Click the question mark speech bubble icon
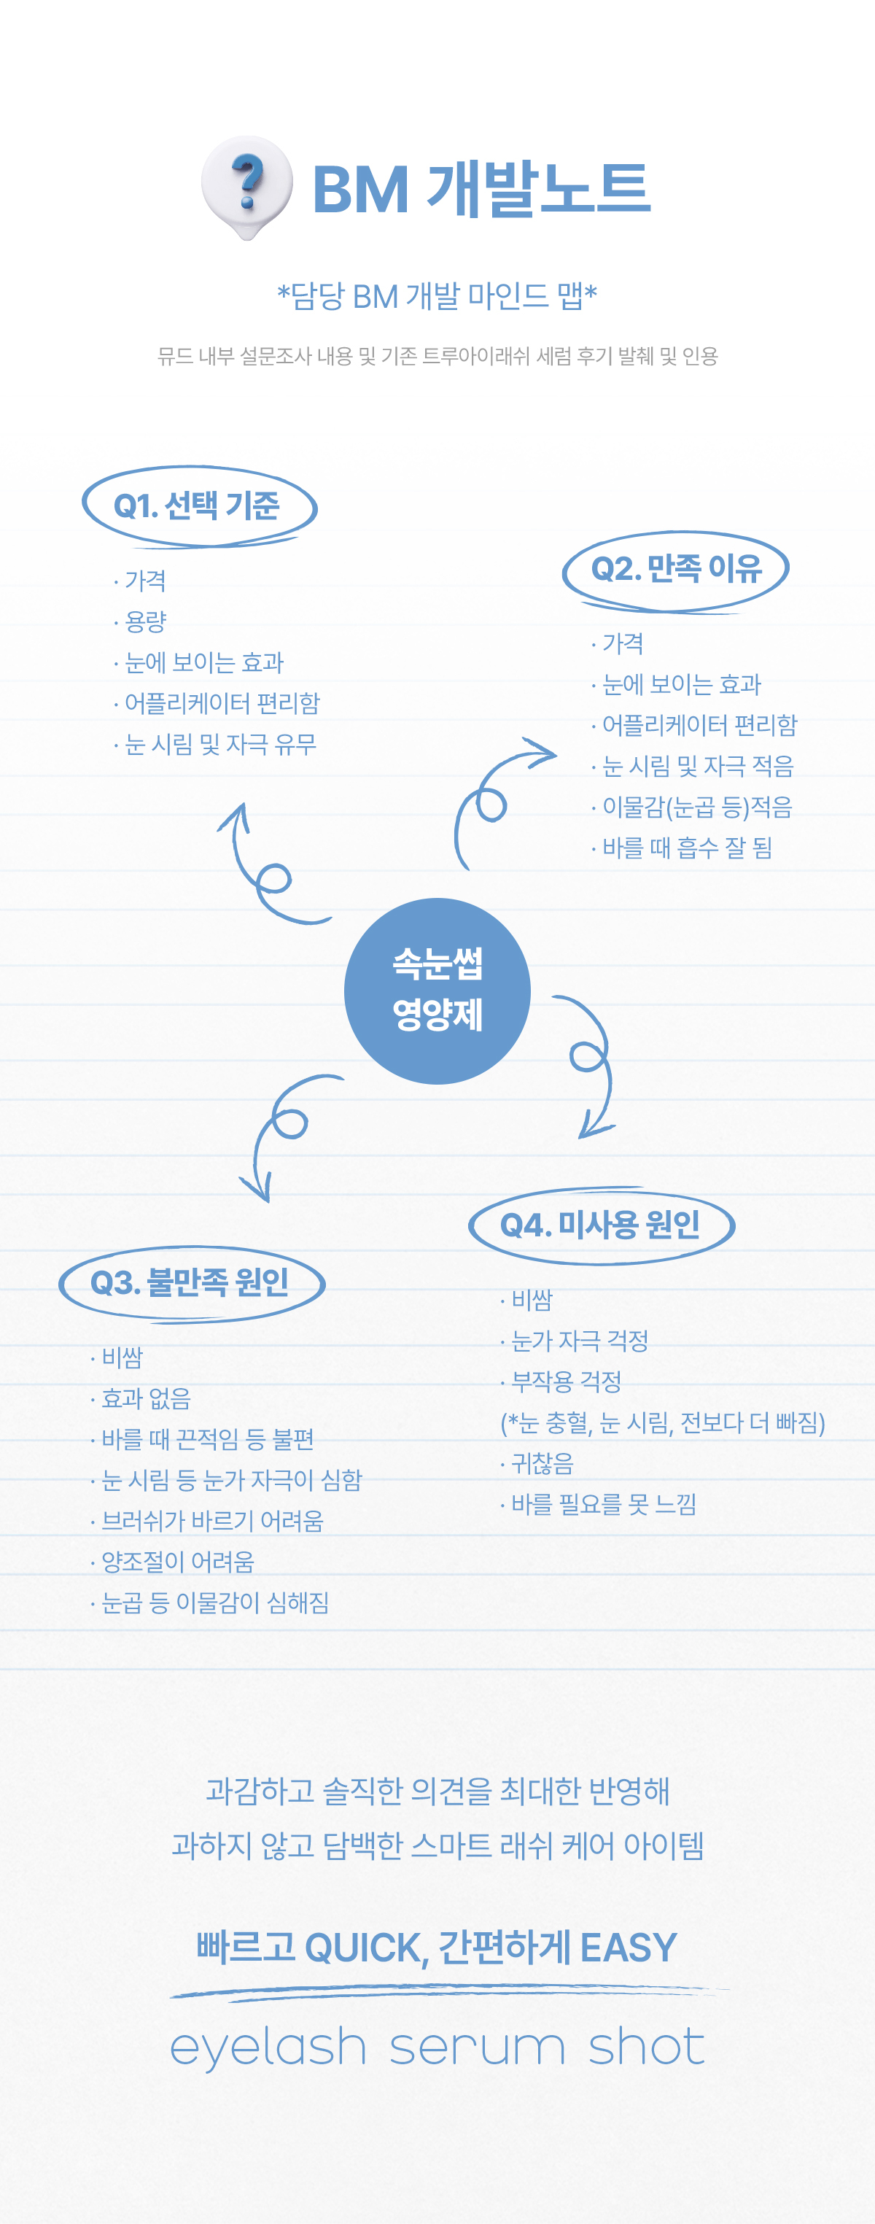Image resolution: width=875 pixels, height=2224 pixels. (246, 185)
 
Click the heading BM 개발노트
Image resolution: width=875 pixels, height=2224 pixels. (481, 189)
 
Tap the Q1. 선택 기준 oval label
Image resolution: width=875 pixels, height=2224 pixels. (198, 506)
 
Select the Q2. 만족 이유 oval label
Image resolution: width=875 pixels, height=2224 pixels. (676, 570)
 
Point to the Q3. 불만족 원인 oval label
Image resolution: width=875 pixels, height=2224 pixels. (191, 1283)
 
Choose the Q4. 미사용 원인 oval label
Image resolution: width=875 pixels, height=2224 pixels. (601, 1225)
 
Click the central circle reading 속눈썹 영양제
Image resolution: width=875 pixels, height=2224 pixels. (437, 991)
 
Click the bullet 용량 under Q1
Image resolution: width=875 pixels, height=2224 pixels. (145, 621)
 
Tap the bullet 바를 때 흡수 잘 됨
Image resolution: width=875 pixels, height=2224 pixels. (686, 848)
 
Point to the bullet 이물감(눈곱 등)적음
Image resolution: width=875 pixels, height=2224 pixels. (696, 807)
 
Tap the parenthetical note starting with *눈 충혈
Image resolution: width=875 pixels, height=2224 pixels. (663, 1423)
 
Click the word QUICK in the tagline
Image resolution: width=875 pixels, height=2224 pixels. (367, 1948)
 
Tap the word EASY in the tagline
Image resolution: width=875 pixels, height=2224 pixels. (629, 1948)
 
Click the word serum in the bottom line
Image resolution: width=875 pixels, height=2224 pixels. (477, 2048)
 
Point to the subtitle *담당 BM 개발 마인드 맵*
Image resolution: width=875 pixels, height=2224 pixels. (437, 296)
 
